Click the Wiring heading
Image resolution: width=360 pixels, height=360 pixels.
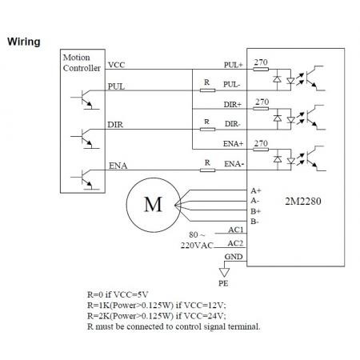coord(24,42)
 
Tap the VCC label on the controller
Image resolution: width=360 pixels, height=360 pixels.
coord(116,65)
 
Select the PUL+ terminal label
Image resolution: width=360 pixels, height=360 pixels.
coord(234,65)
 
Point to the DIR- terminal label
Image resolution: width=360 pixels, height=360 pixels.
coord(233,124)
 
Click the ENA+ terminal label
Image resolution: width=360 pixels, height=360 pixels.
coord(233,144)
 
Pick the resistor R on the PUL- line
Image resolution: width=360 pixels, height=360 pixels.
coord(207,90)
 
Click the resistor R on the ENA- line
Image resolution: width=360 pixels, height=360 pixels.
coord(207,170)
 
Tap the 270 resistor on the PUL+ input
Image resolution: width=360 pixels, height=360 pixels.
coord(261,70)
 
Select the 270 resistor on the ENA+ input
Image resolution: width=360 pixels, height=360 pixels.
coord(261,150)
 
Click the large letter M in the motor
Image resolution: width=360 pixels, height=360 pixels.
coord(153,205)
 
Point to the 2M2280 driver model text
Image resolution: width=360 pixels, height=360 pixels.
coord(303,201)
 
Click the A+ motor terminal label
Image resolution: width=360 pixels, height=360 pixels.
coord(256,190)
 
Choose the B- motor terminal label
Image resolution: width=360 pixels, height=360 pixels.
coord(254,222)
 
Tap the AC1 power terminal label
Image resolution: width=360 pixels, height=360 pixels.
coord(236,230)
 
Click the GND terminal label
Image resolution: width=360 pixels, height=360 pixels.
coord(234,257)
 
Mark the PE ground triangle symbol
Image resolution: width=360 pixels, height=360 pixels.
coord(224,272)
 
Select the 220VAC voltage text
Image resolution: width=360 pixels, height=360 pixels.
coord(197,246)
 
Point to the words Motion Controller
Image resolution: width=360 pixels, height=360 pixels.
coord(82,62)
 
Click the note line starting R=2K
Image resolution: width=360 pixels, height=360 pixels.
coord(157,316)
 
